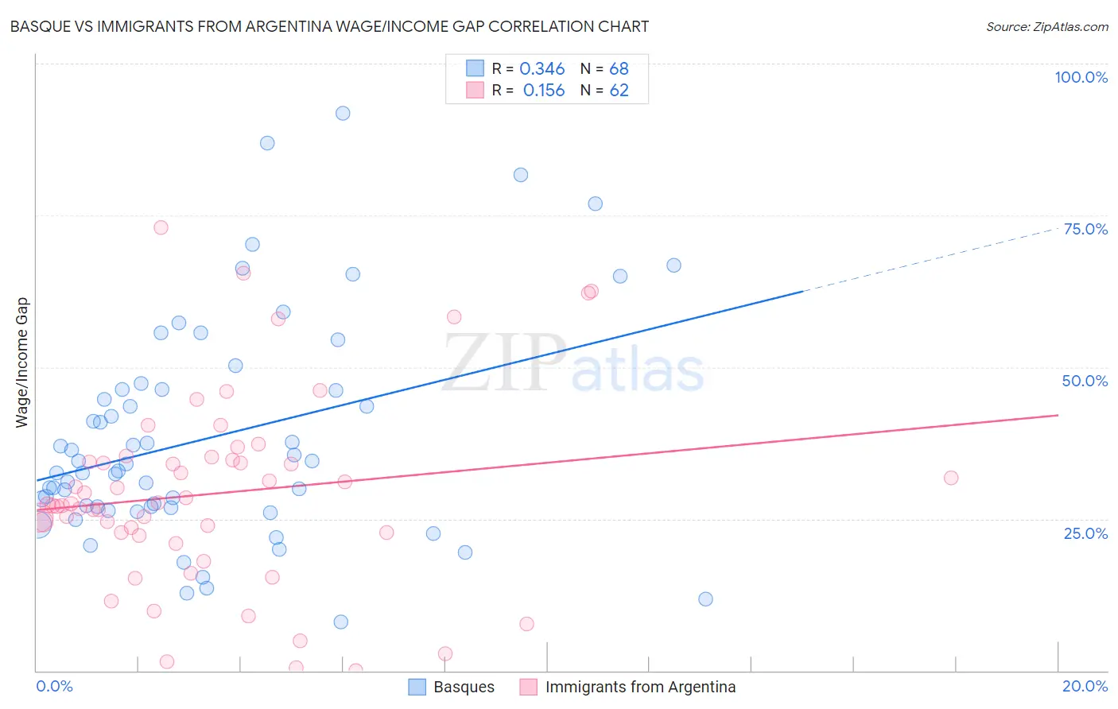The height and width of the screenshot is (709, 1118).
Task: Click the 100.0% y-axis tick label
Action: tap(1081, 77)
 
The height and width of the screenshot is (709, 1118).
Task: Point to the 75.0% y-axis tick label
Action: tap(1085, 229)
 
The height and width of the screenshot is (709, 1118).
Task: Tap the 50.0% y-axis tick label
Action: tap(1085, 381)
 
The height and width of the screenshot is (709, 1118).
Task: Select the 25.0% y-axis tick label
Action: tap(1085, 533)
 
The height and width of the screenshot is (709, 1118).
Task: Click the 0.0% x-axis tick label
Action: tap(54, 686)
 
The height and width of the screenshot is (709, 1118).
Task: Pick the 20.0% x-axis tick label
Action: tap(1085, 686)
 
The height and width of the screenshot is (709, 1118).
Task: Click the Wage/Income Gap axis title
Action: tap(22, 362)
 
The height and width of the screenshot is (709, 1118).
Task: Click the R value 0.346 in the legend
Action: tap(542, 69)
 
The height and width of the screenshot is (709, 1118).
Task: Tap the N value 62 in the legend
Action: tap(619, 91)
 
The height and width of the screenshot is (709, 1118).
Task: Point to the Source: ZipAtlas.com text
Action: tap(1046, 27)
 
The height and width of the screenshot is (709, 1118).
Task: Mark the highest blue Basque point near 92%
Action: tap(343, 113)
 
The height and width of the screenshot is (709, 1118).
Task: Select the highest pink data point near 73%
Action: tap(161, 227)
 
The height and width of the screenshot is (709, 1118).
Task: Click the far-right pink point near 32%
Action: tap(951, 478)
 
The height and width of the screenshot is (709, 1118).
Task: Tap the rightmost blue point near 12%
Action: tap(705, 599)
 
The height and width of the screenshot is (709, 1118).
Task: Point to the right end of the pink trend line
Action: tap(1058, 415)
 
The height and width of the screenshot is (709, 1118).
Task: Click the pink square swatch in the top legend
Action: tap(475, 91)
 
